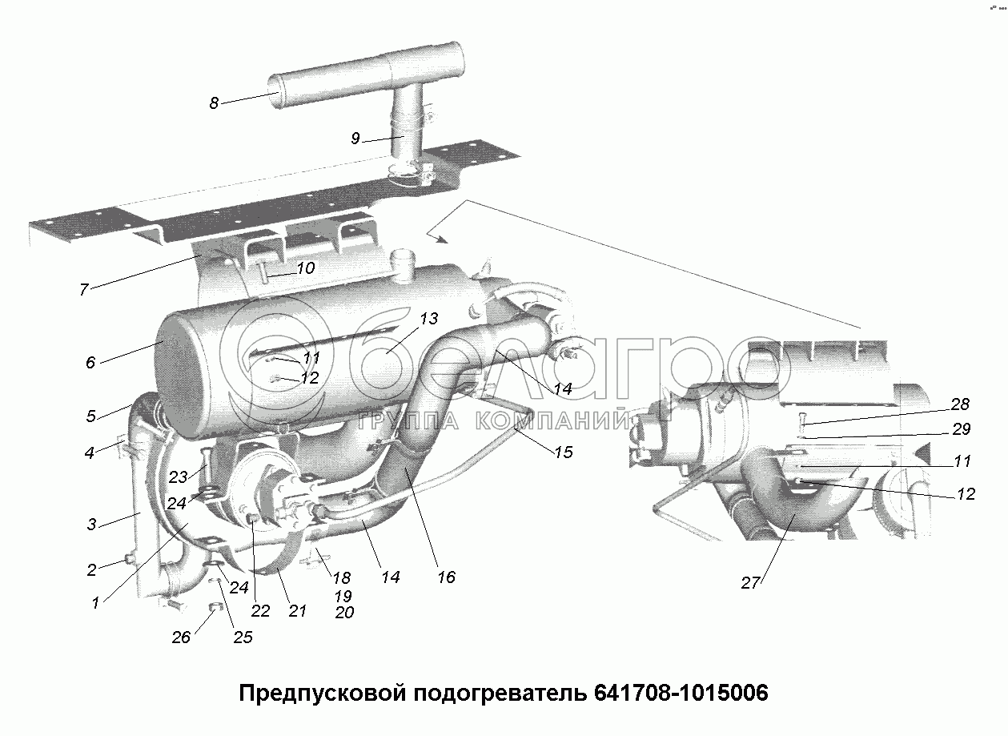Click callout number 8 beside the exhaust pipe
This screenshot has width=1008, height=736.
click(x=214, y=103)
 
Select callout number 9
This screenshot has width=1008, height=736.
click(x=355, y=138)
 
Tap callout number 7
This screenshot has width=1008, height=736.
click(x=83, y=290)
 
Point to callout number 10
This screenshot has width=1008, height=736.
click(x=306, y=268)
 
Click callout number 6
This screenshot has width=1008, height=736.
click(x=90, y=363)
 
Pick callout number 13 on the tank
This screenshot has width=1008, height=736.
click(x=428, y=319)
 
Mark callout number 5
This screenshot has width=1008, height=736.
click(x=91, y=416)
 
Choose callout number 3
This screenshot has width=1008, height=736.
click(x=92, y=525)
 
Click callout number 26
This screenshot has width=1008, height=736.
click(x=182, y=637)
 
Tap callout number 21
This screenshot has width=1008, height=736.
click(x=297, y=611)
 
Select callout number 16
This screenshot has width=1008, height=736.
click(x=446, y=577)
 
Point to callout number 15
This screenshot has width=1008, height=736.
click(x=563, y=452)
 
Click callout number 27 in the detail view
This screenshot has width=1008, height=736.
click(x=749, y=583)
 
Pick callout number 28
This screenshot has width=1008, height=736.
click(x=961, y=404)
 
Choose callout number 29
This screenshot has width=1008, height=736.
click(x=962, y=429)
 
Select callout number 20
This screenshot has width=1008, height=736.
click(x=344, y=613)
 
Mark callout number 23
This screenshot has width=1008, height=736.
click(x=178, y=477)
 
